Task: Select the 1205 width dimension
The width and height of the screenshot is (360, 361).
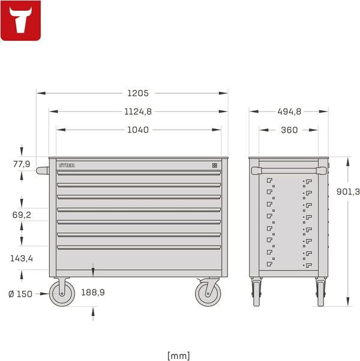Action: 137,93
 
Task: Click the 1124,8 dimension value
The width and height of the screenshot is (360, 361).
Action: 138,111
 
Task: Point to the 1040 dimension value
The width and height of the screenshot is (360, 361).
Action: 138,130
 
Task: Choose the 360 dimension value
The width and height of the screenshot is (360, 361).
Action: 289,130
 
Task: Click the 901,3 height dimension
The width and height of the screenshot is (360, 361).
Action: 348,191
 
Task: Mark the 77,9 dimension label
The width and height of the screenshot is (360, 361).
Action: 21,163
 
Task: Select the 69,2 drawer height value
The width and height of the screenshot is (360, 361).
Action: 21,214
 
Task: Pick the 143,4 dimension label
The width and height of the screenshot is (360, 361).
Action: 22,258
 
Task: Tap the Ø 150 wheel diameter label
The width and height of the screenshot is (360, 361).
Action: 22,294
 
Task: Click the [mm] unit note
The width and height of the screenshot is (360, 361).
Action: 179,356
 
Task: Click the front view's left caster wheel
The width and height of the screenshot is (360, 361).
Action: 61,294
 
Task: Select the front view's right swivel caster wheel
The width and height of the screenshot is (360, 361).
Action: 208,294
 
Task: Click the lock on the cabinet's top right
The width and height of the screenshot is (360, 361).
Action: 215,164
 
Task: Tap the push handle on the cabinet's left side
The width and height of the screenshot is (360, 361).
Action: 43,170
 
